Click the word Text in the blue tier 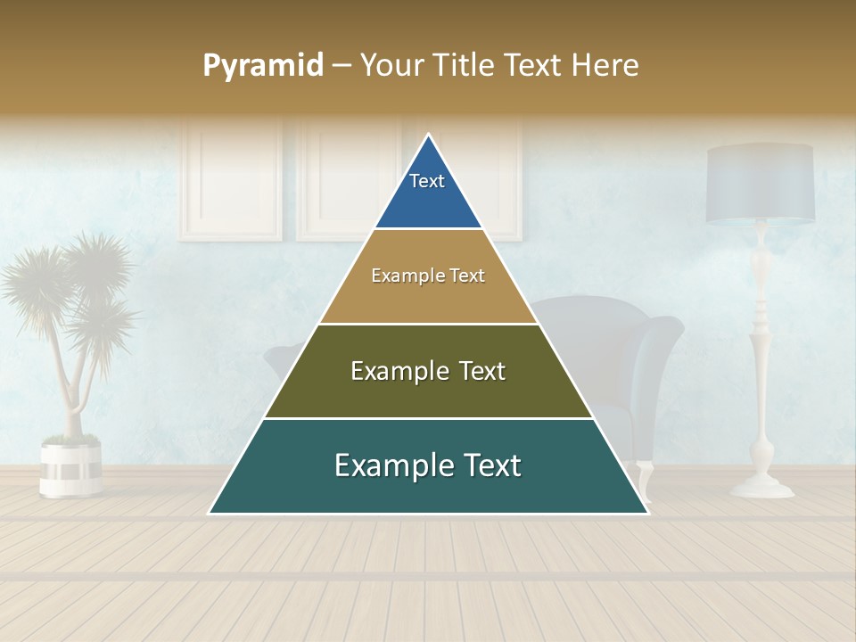tap(427, 181)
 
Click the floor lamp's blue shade tap(760, 185)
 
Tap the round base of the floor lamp tap(761, 487)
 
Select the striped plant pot tap(70, 467)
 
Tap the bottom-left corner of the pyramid tap(210, 513)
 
